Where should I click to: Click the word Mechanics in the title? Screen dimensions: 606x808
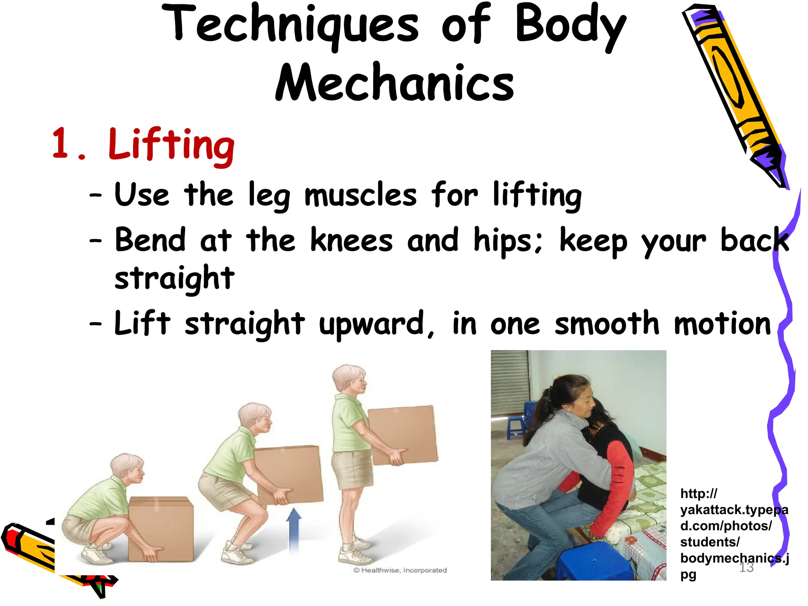click(395, 83)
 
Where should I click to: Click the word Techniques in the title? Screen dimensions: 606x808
click(290, 24)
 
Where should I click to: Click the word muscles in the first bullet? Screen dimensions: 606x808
click(360, 195)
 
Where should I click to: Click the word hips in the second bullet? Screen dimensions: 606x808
click(507, 241)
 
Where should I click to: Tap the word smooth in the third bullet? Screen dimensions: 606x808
click(607, 324)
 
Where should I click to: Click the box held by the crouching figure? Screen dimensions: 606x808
click(162, 529)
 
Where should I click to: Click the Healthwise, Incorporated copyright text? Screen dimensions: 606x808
click(400, 570)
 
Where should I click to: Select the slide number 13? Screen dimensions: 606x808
click(746, 567)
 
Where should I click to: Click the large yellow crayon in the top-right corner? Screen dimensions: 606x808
click(734, 91)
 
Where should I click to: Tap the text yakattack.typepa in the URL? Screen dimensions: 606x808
click(734, 510)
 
